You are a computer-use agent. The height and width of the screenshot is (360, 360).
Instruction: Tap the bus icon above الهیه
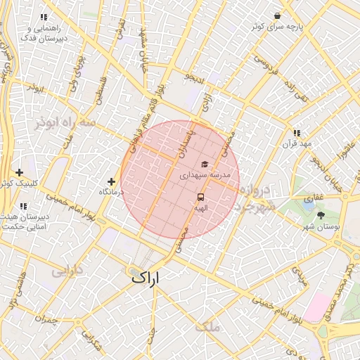point(200,198)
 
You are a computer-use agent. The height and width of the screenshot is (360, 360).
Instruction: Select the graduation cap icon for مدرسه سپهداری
point(204,163)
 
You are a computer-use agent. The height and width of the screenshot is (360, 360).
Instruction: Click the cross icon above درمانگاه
point(111,181)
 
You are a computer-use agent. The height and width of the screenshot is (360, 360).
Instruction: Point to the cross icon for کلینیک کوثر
point(19,172)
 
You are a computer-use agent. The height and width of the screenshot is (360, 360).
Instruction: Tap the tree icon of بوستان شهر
point(321,215)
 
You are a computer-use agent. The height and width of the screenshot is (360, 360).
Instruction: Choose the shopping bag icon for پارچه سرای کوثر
point(278,16)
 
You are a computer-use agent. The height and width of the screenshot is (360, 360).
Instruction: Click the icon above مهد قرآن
point(296,133)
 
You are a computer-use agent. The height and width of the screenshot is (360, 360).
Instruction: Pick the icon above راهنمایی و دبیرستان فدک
point(44,17)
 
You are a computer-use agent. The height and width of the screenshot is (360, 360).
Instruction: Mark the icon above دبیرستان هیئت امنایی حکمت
point(23,206)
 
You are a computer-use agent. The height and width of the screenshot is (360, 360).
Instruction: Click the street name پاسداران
point(188,140)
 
